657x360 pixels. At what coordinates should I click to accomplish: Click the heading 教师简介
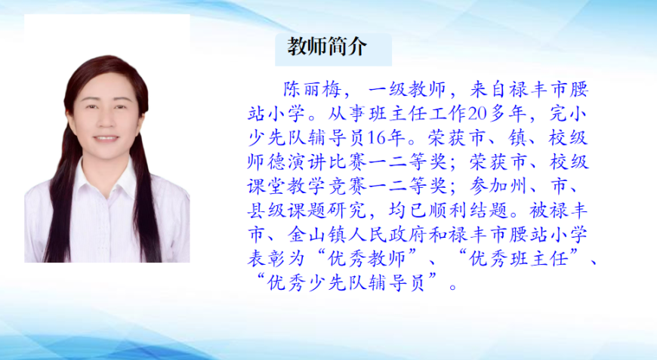[x=327, y=46]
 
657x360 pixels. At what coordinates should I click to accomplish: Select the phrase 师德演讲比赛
[x=307, y=162]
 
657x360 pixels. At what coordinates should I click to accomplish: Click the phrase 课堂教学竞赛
[x=307, y=186]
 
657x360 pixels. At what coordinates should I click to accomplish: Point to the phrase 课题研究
[x=327, y=211]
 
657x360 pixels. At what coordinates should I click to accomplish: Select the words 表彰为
[x=276, y=259]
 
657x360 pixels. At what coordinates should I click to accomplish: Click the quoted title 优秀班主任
[x=518, y=259]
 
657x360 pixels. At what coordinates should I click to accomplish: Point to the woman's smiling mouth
[x=106, y=138]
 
